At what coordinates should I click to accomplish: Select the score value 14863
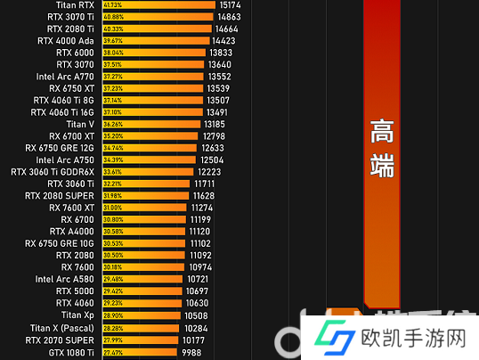pos(228,17)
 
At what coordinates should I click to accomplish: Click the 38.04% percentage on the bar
pos(115,53)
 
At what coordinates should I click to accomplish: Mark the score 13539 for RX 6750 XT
pos(219,88)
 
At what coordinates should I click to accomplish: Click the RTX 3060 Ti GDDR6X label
pos(53,172)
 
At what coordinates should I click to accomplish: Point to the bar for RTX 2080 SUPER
pos(146,195)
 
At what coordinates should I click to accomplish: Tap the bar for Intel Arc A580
pos(142,279)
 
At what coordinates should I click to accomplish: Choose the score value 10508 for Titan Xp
pos(196,315)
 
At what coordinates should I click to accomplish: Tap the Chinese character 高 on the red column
pos(382,131)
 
